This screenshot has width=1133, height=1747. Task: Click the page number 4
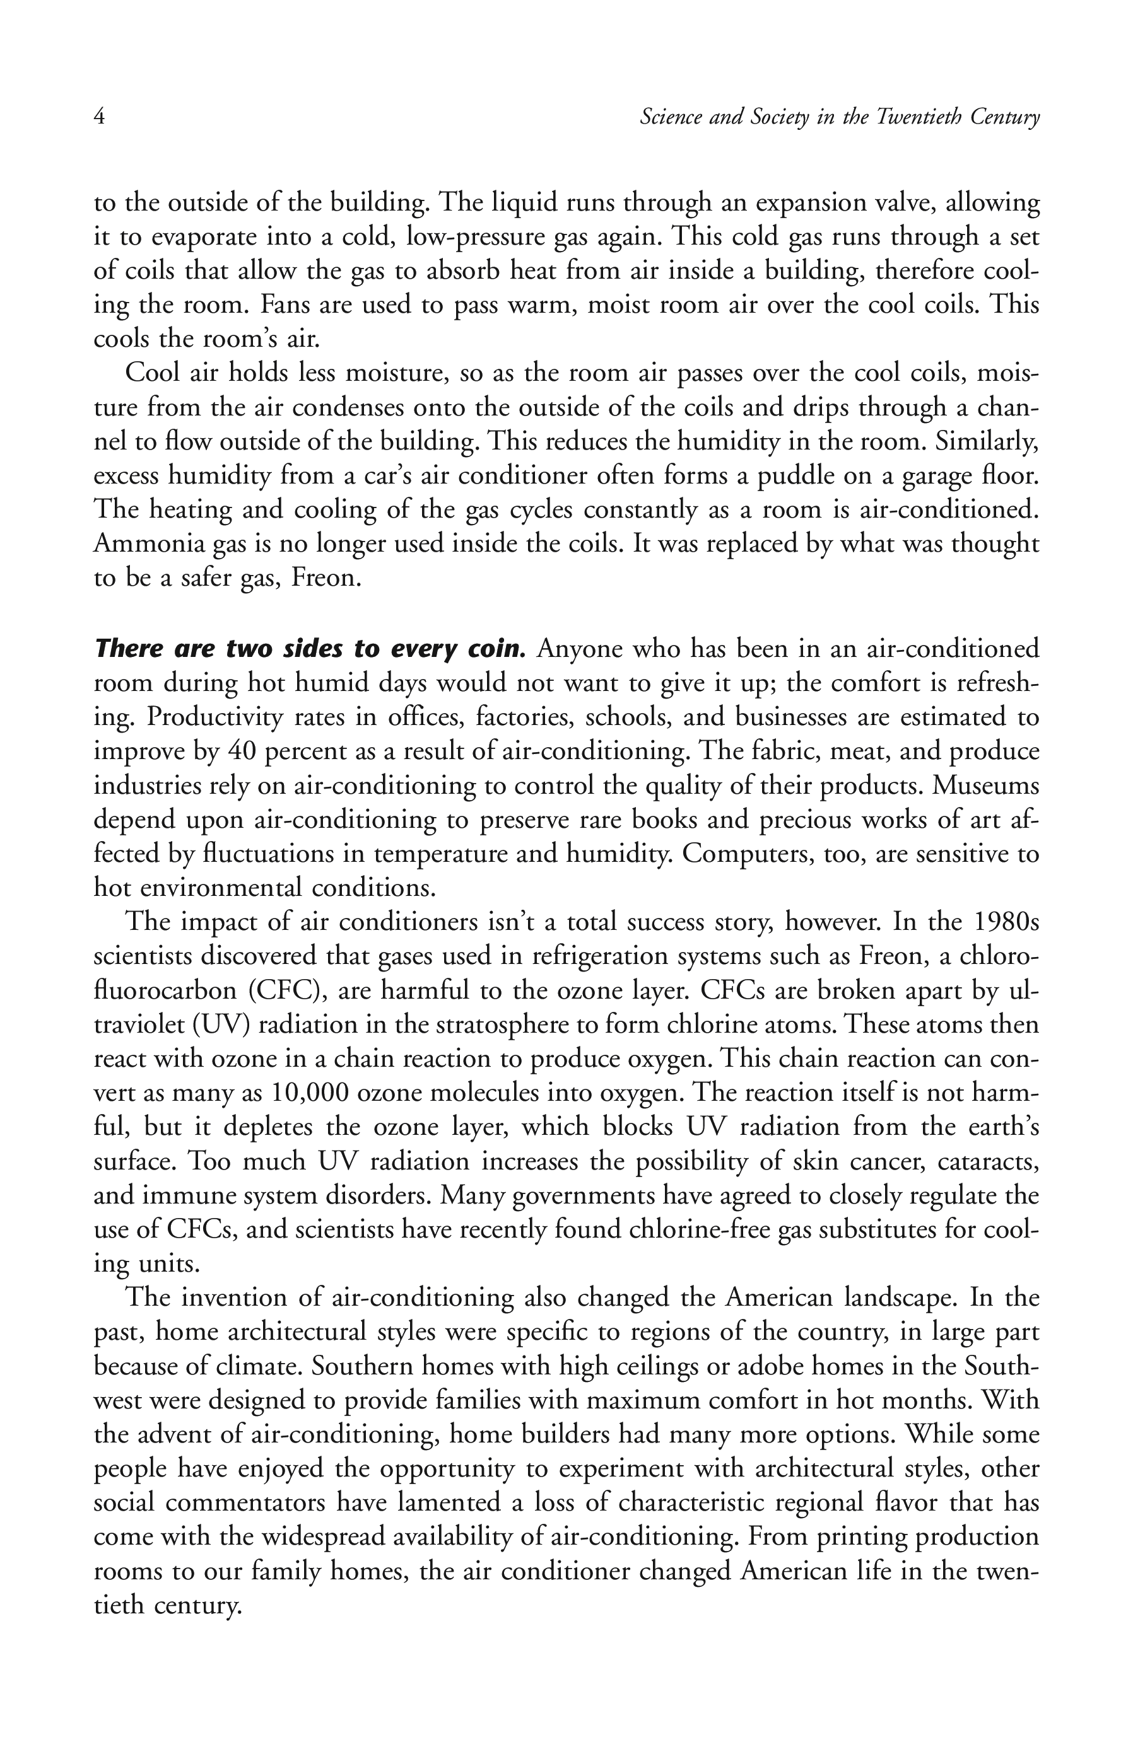99,117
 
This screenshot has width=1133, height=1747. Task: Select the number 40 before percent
240,751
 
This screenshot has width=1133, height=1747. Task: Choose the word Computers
738,854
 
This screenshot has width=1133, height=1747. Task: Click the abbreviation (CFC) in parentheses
287,990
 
